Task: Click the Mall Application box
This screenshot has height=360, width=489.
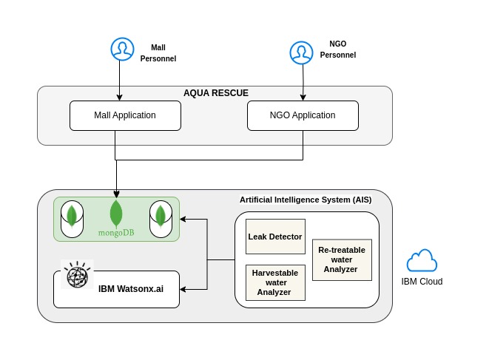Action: coord(124,115)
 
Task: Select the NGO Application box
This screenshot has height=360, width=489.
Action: coord(302,115)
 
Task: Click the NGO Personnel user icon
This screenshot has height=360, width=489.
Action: coord(300,52)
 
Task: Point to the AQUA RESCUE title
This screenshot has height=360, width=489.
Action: coord(215,93)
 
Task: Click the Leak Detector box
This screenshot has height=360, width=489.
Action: coord(275,237)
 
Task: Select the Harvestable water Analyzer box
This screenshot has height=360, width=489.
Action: coord(275,282)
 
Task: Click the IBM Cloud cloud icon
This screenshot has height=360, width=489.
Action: coord(422,261)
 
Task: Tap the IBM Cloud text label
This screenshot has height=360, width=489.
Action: coord(422,282)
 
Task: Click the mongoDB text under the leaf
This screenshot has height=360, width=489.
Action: coord(115,233)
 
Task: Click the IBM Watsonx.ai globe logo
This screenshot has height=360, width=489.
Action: coord(77,275)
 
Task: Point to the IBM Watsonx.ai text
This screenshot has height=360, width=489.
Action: coord(130,289)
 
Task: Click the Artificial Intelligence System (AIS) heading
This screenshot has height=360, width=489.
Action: coord(305,200)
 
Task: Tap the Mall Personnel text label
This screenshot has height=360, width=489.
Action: coord(158,52)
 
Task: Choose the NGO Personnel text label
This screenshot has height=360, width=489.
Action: coord(337,50)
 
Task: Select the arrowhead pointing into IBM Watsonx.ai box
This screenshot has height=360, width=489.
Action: coord(183,289)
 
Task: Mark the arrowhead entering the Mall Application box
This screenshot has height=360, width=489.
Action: coord(120,98)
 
